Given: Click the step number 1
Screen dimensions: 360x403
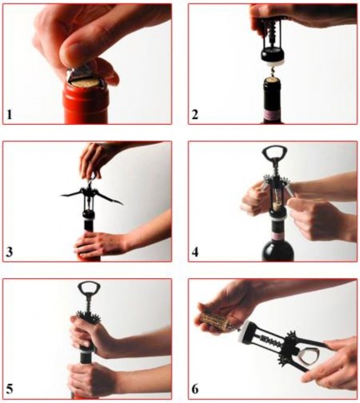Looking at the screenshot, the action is (10, 115).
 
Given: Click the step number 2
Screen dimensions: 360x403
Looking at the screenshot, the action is (195, 115).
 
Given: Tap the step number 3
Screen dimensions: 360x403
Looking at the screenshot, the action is (10, 252).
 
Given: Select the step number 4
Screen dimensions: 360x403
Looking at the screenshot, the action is (195, 252).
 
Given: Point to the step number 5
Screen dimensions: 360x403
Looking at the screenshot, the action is (10, 390).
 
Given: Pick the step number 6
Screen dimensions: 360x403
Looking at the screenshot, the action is (195, 390).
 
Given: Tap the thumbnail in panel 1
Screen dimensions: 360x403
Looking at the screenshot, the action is (72, 52).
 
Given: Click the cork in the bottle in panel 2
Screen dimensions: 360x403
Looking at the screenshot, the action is (272, 81).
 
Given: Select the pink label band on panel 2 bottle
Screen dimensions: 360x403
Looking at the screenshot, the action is (272, 115).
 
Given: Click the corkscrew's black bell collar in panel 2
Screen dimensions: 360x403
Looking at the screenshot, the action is (272, 54).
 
